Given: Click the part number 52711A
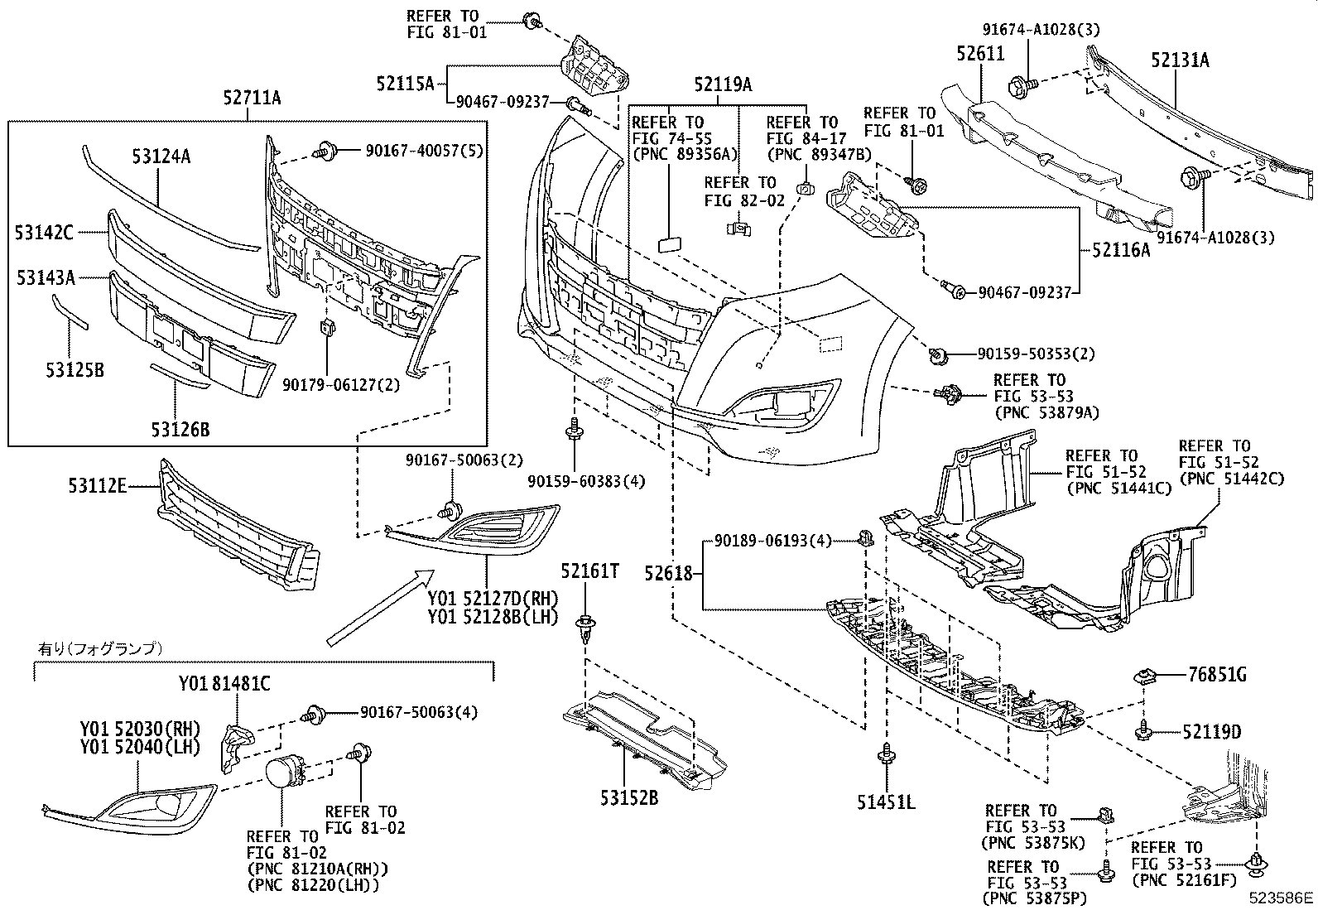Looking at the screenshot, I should [252, 99].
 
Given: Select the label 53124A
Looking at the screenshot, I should [161, 156].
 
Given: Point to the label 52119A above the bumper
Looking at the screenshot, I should [723, 84].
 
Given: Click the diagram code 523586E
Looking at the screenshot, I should [1282, 897].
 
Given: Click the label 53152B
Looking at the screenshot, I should [630, 798].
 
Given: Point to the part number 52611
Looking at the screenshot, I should [980, 55].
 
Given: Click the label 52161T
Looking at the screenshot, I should [589, 571].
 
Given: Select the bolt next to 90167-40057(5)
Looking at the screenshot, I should [324, 151].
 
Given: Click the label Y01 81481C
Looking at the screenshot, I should [224, 684].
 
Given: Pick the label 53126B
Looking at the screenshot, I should [180, 430].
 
